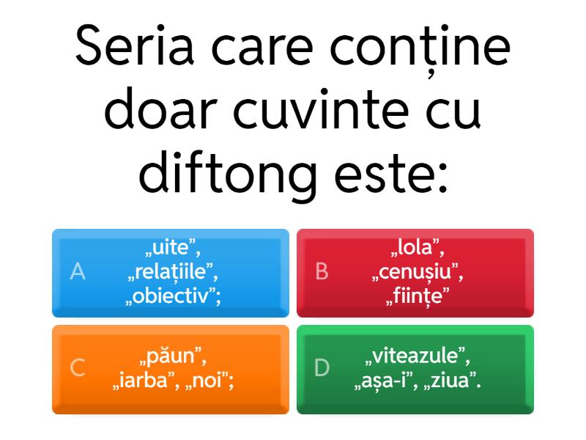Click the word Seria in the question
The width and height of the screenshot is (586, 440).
[135, 46]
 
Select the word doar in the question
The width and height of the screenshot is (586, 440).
[161, 109]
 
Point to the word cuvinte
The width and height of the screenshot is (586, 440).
[321, 109]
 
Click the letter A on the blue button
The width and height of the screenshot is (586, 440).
[78, 271]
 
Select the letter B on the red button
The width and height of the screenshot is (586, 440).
[322, 271]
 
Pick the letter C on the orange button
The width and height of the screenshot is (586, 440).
[78, 367]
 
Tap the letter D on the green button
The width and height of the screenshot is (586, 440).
[322, 367]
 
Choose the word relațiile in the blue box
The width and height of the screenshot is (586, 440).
[171, 272]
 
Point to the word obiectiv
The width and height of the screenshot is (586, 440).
[171, 296]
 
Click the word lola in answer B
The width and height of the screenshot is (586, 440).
[415, 247]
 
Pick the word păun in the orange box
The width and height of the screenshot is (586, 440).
[171, 356]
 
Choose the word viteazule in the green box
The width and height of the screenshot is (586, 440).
[415, 356]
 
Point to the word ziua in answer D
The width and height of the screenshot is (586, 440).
[450, 381]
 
